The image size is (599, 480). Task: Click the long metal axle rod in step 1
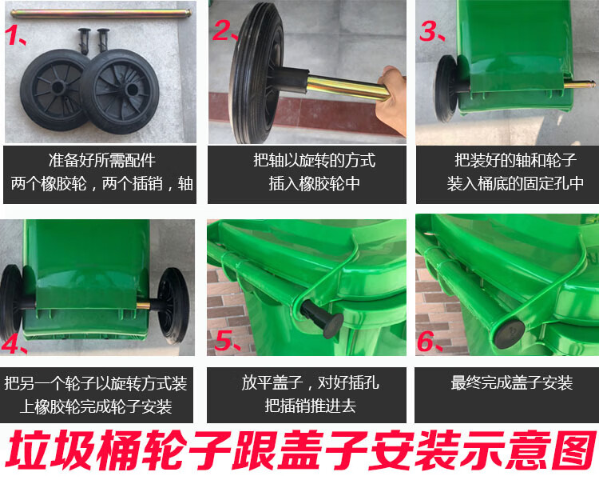pyautogui.click(x=101, y=14)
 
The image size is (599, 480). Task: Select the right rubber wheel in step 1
pyautogui.click(x=120, y=91)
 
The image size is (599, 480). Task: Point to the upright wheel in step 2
pyautogui.click(x=256, y=73)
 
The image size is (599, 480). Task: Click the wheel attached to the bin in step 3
pyautogui.click(x=446, y=88)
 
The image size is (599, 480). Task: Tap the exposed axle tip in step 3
pyautogui.click(x=580, y=84)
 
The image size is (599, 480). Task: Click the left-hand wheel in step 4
pyautogui.click(x=11, y=302)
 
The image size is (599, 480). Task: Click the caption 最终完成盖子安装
pyautogui.click(x=511, y=382)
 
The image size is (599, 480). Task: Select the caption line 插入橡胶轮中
pyautogui.click(x=314, y=183)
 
